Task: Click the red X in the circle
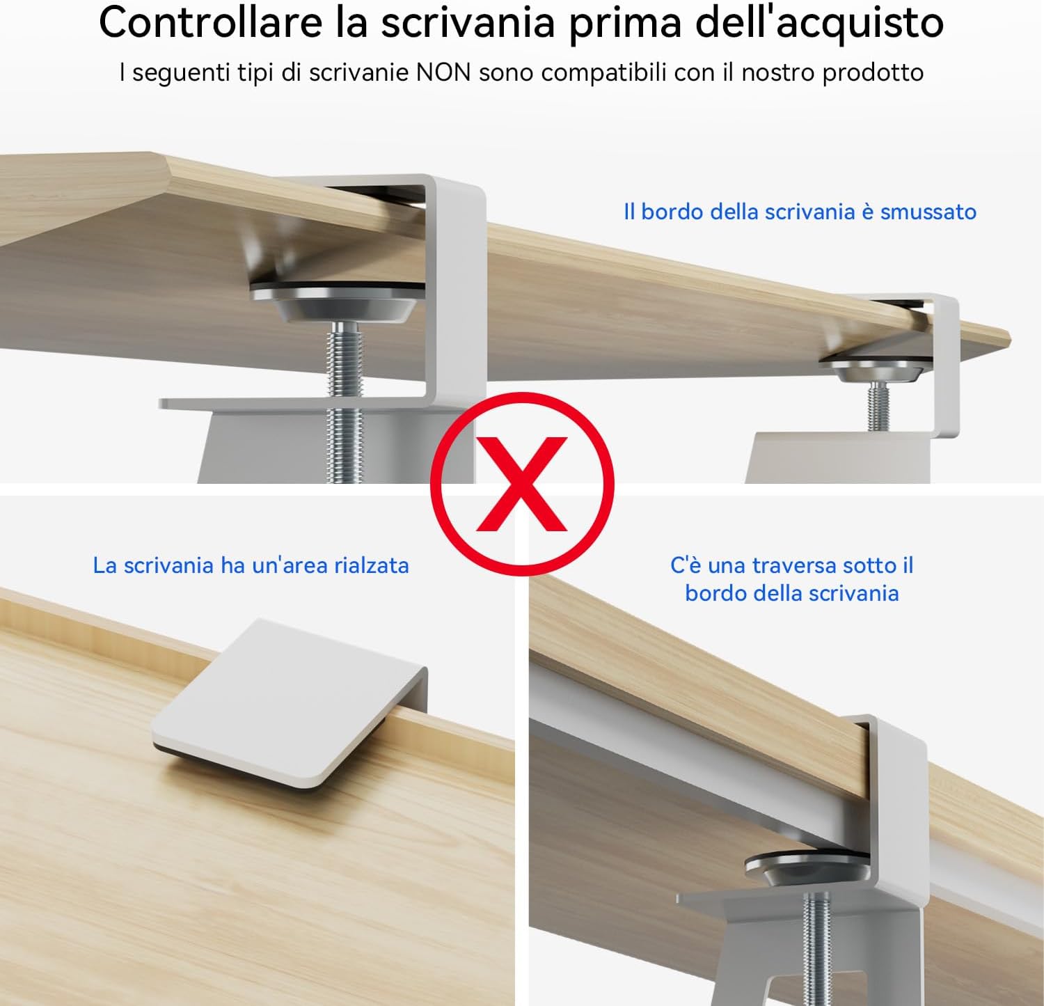tap(522, 484)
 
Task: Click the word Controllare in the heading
tap(211, 22)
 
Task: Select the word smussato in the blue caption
tap(928, 212)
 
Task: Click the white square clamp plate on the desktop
tap(289, 704)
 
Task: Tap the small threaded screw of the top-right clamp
tap(878, 407)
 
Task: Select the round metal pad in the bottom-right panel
tap(807, 869)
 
